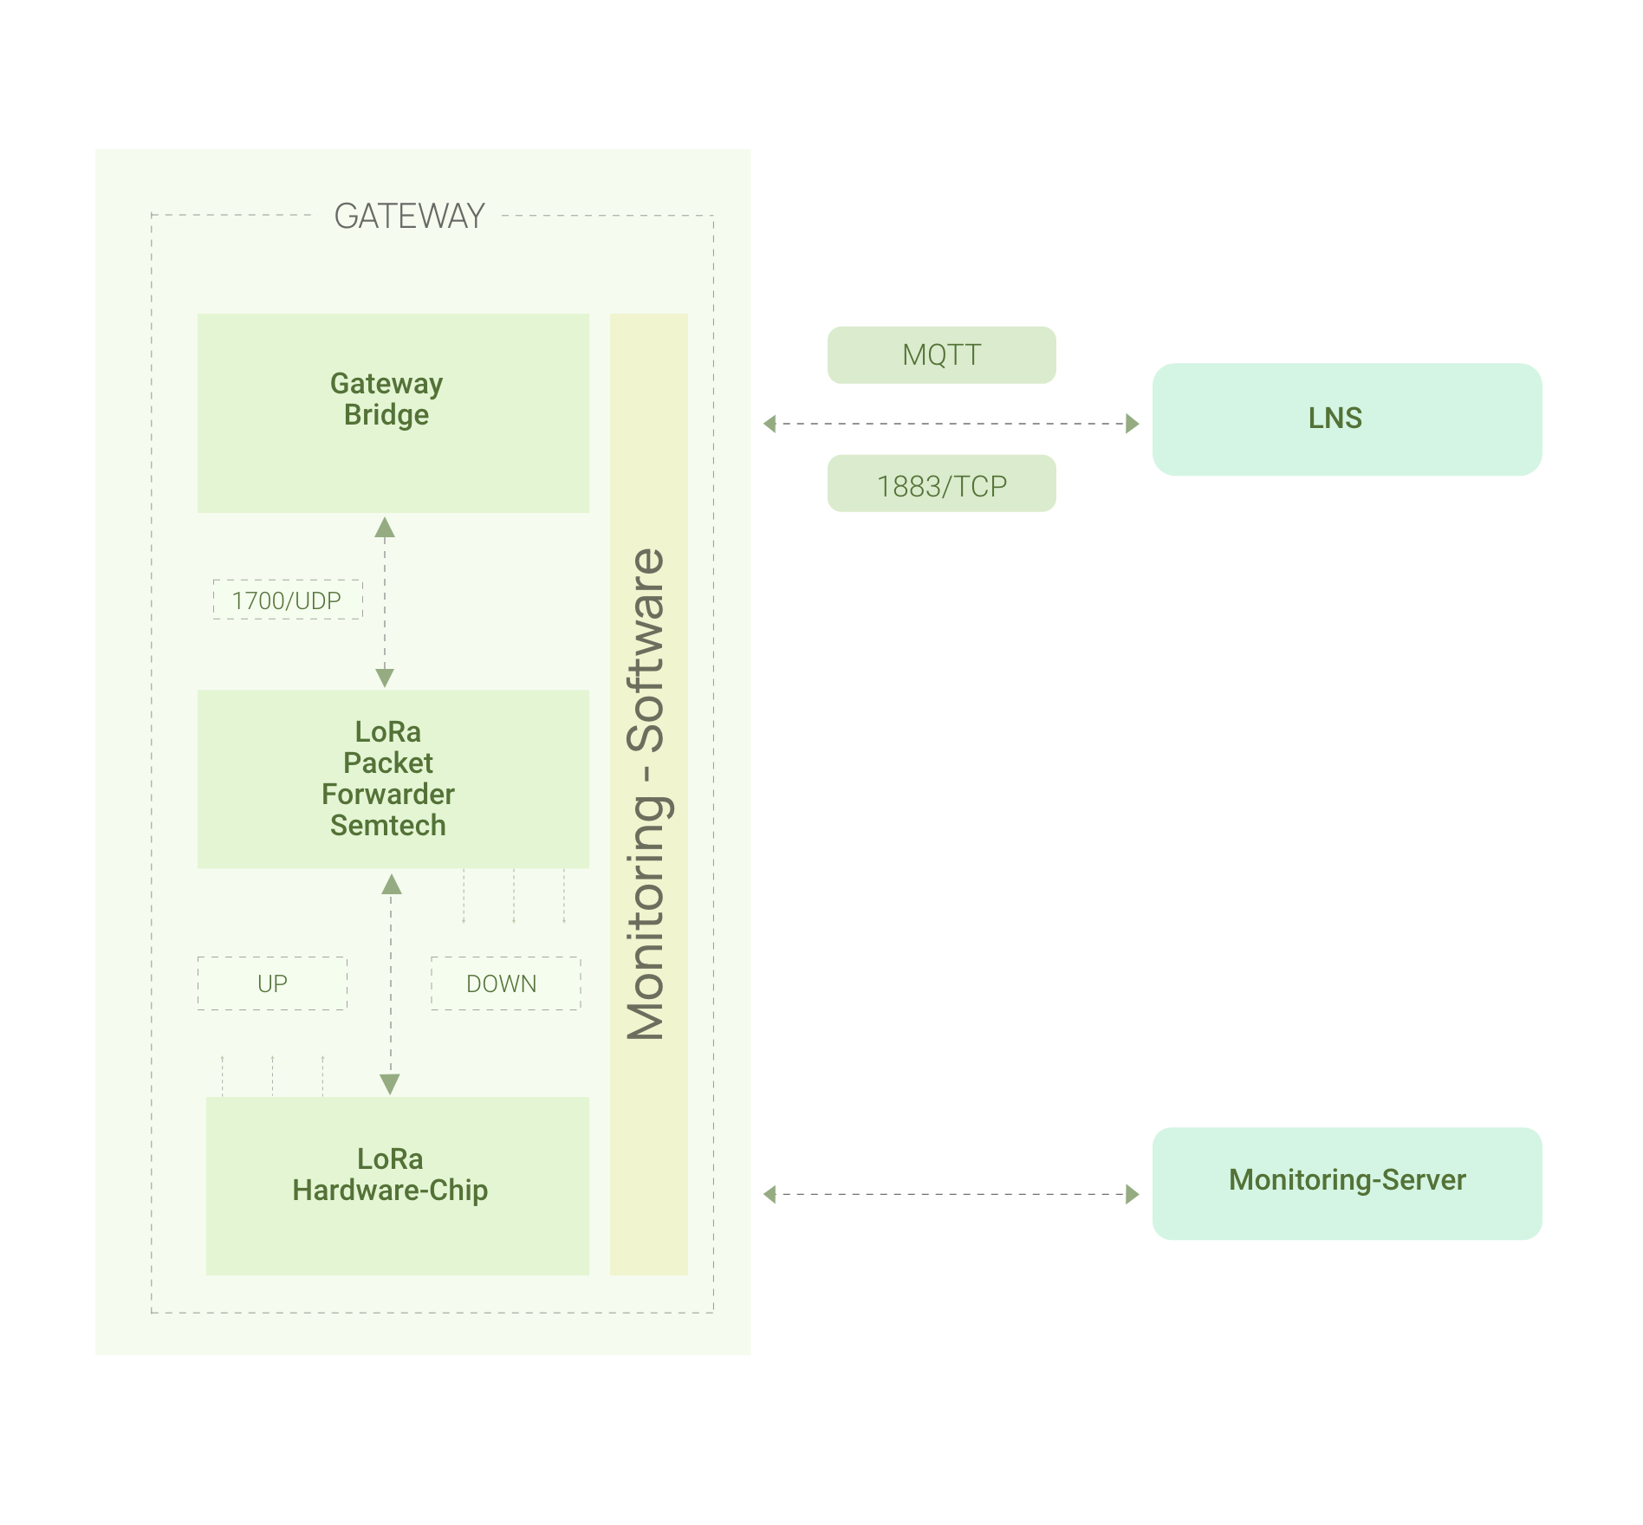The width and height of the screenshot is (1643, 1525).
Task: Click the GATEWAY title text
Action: coord(409,216)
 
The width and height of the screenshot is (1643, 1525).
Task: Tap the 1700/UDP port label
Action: coord(287,600)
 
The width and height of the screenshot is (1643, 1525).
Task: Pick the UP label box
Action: coord(272,983)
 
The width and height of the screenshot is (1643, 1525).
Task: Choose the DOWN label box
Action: coord(505,983)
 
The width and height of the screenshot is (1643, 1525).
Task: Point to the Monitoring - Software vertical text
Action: coord(647,793)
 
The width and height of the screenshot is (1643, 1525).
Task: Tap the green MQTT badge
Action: coord(941,354)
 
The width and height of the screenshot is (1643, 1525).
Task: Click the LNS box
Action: coord(1346,419)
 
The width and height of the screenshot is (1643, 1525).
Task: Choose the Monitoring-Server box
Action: coord(1346,1183)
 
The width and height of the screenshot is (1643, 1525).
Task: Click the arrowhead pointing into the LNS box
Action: coord(1132,424)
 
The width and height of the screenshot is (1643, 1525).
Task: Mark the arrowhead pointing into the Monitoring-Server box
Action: coord(1132,1194)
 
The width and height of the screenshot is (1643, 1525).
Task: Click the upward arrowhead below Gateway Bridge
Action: coord(385,528)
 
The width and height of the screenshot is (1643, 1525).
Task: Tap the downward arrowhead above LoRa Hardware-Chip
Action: coord(390,1084)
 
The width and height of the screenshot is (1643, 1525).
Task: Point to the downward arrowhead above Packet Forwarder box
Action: coord(385,677)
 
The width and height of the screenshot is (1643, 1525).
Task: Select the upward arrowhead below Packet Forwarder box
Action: coord(392,885)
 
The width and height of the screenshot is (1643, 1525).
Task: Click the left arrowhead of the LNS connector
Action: coord(770,424)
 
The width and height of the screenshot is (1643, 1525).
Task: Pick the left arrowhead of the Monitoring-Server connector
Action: coord(770,1194)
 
